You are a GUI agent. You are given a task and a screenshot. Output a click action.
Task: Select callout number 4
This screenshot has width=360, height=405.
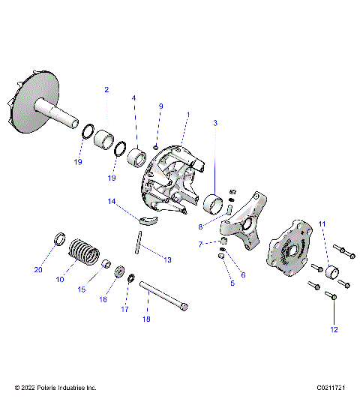tap(134, 98)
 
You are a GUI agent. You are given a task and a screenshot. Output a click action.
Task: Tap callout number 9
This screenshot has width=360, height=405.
tap(160, 107)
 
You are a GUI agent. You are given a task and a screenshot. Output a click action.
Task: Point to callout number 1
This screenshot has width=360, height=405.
tap(187, 115)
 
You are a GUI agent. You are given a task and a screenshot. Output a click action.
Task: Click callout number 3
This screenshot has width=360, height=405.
tap(215, 121)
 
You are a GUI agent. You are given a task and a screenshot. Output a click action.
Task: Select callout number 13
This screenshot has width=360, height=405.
tap(167, 259)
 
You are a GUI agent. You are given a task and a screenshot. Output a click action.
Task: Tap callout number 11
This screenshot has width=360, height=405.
tap(322, 224)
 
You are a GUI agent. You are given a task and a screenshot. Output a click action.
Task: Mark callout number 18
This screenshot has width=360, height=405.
tap(147, 319)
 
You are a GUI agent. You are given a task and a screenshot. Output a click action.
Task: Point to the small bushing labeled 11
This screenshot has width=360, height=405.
tap(329, 271)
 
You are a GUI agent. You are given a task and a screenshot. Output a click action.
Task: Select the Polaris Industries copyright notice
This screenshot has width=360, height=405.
tap(56, 388)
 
